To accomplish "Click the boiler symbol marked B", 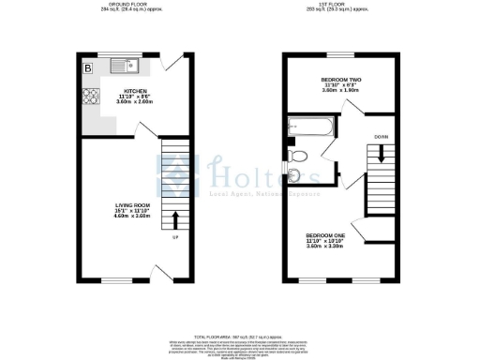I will click(88, 68).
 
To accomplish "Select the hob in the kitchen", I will click(92, 95).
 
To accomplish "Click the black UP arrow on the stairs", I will click(176, 220).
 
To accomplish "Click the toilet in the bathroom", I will click(299, 155).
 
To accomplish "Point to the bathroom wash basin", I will click(293, 174).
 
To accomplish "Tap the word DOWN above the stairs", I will click(381, 137).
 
